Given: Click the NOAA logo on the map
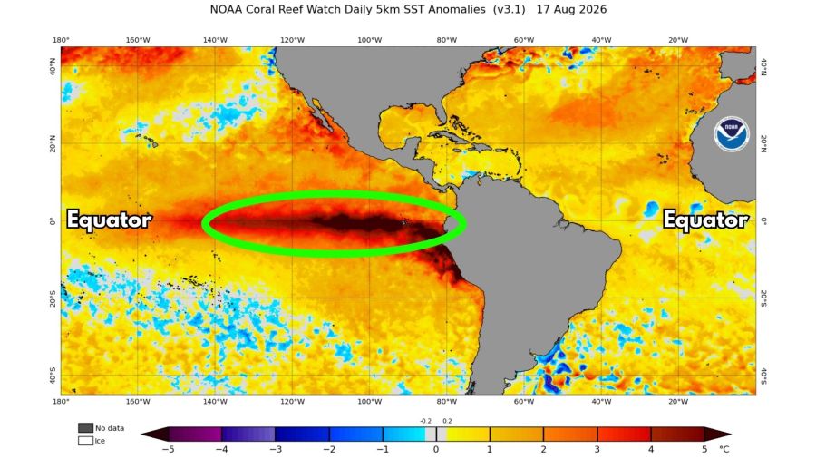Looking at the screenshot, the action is pos(731,133).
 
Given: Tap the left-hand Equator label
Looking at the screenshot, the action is pos(110,220).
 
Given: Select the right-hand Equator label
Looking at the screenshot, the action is pos(705,220).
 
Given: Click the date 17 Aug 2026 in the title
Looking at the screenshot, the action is pos(571,9).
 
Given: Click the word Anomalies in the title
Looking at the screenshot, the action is pos(457,9).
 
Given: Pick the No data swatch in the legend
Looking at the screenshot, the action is pos(85,428).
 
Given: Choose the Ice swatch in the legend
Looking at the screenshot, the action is pos(85,441).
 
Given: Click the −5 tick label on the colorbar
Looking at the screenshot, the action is pos(168,450).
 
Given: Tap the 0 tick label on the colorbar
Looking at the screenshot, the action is pos(436,450).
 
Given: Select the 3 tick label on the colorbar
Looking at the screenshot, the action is pos(597,450).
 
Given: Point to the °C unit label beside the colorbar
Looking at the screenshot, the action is pos(724,449).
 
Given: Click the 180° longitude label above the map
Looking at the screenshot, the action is pos(61,40).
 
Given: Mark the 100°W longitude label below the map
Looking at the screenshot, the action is pos(370,402).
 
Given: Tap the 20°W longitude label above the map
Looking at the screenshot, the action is pos(678,40).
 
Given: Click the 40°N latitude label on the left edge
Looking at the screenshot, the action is pos(52,66).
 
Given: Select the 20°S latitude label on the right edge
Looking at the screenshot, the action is pos(763,298).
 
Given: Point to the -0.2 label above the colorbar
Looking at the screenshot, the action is pos(426,421).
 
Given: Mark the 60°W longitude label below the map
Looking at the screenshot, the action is pos(524,402).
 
